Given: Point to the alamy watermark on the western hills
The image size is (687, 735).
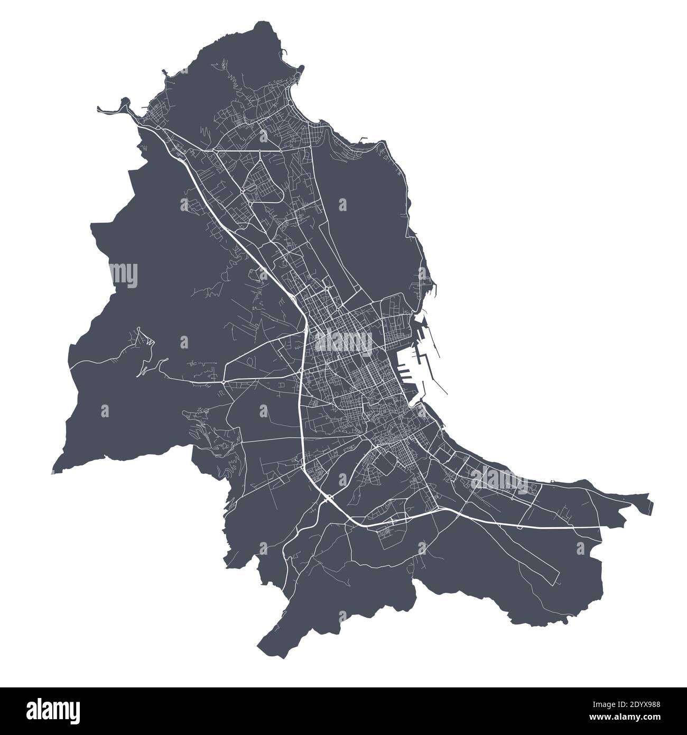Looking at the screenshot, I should click(x=125, y=274).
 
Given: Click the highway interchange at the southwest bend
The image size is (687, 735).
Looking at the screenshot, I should click(x=328, y=497).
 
